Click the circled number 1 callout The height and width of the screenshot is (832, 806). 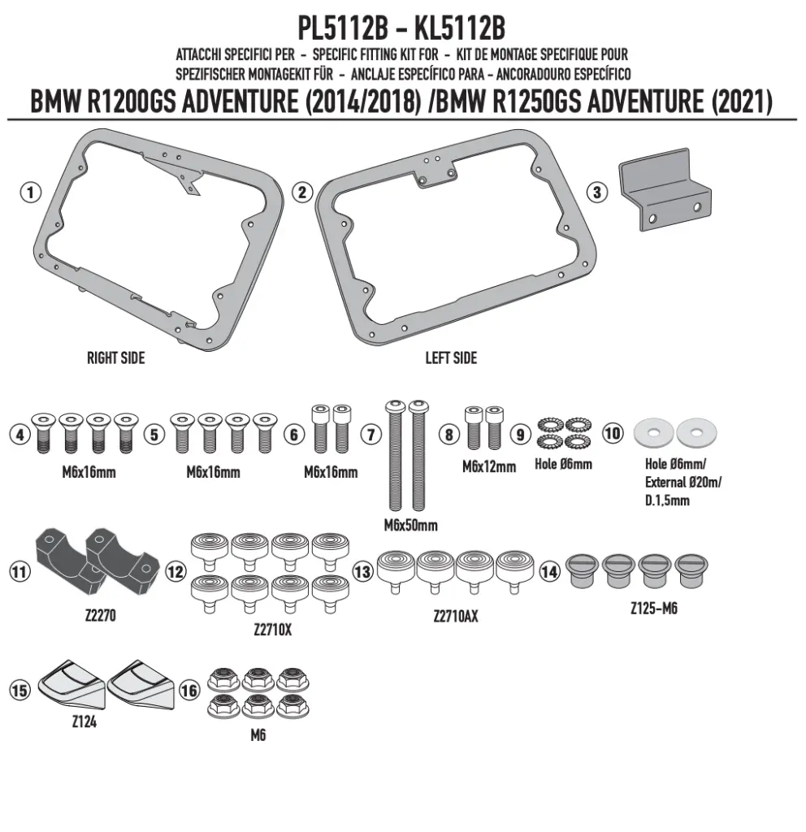(31, 192)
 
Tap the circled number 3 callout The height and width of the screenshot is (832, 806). (597, 192)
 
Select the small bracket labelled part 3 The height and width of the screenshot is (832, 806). (665, 189)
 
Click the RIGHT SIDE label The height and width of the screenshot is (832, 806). (115, 358)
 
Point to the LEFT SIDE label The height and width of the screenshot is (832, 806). (451, 358)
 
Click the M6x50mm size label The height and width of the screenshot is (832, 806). (410, 526)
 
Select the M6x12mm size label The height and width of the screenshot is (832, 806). (488, 467)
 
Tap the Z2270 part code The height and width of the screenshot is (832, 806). (100, 616)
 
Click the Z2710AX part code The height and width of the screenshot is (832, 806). (456, 616)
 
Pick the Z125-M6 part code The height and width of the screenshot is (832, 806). (654, 609)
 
